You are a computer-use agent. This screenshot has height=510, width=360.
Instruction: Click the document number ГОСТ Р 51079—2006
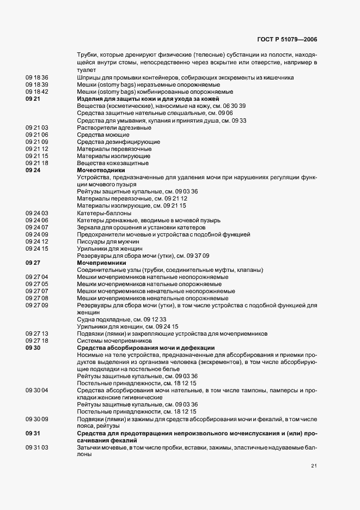point(286,40)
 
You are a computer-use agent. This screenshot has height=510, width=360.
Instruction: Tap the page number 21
point(314,466)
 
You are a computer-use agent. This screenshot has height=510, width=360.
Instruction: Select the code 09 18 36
point(37,77)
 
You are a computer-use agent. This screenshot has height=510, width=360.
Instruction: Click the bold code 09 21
point(33,99)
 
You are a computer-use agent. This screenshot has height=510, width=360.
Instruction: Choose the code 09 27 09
point(37,305)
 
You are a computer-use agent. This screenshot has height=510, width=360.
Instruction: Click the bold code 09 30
point(33,348)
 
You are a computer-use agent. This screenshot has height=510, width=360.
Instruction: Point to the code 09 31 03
point(37,447)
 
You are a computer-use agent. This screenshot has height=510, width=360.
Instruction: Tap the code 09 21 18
point(37,163)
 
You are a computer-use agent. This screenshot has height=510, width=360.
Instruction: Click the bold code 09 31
point(33,433)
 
